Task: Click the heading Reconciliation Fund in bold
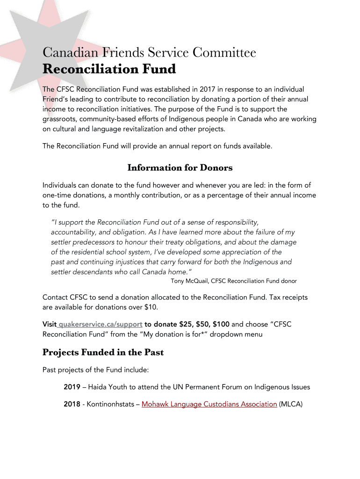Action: pos(109,70)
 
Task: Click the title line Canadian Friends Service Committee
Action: pos(149,53)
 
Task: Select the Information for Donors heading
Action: pos(180,167)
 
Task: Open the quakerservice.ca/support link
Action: pos(101,324)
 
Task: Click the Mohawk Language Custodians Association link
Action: pos(209,404)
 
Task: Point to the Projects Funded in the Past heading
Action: pos(103,352)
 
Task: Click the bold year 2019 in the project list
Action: pos(72,387)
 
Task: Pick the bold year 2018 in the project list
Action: pos(72,404)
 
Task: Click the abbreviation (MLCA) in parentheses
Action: pos(291,404)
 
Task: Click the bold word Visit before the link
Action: pos(50,324)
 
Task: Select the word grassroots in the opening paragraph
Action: pos(59,119)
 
